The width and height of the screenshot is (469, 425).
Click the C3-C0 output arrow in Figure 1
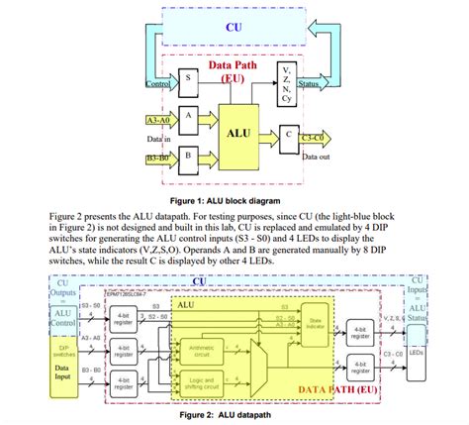click(317, 138)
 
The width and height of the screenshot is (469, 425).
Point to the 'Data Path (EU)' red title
click(234, 68)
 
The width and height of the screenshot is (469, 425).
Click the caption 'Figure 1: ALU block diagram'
click(234, 199)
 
